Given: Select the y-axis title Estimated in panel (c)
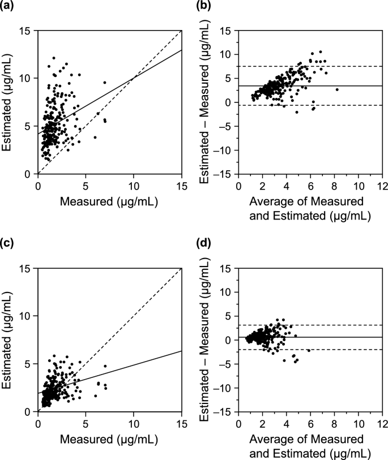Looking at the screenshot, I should tap(10, 339).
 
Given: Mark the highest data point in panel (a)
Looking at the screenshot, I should tap(54, 58).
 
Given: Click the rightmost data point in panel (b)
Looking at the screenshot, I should tap(337, 89).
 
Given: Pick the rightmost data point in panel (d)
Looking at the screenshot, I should tap(309, 351).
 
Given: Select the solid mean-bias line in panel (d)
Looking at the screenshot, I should tap(340, 337).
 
